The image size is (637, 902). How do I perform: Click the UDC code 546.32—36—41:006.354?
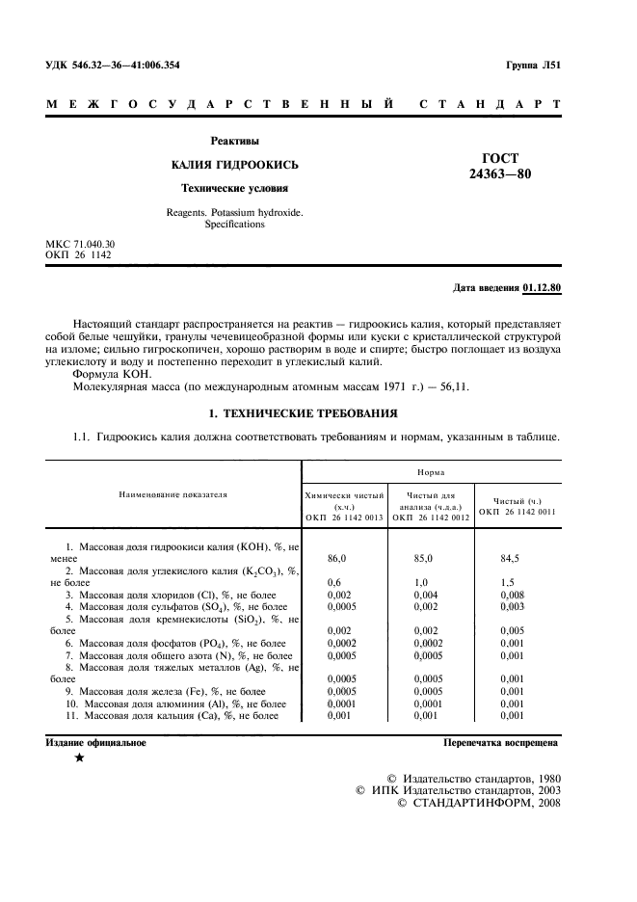point(113,66)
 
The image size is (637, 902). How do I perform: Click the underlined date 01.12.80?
point(543,288)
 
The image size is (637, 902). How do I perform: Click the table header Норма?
point(431,473)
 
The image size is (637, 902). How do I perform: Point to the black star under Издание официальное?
point(79,758)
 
